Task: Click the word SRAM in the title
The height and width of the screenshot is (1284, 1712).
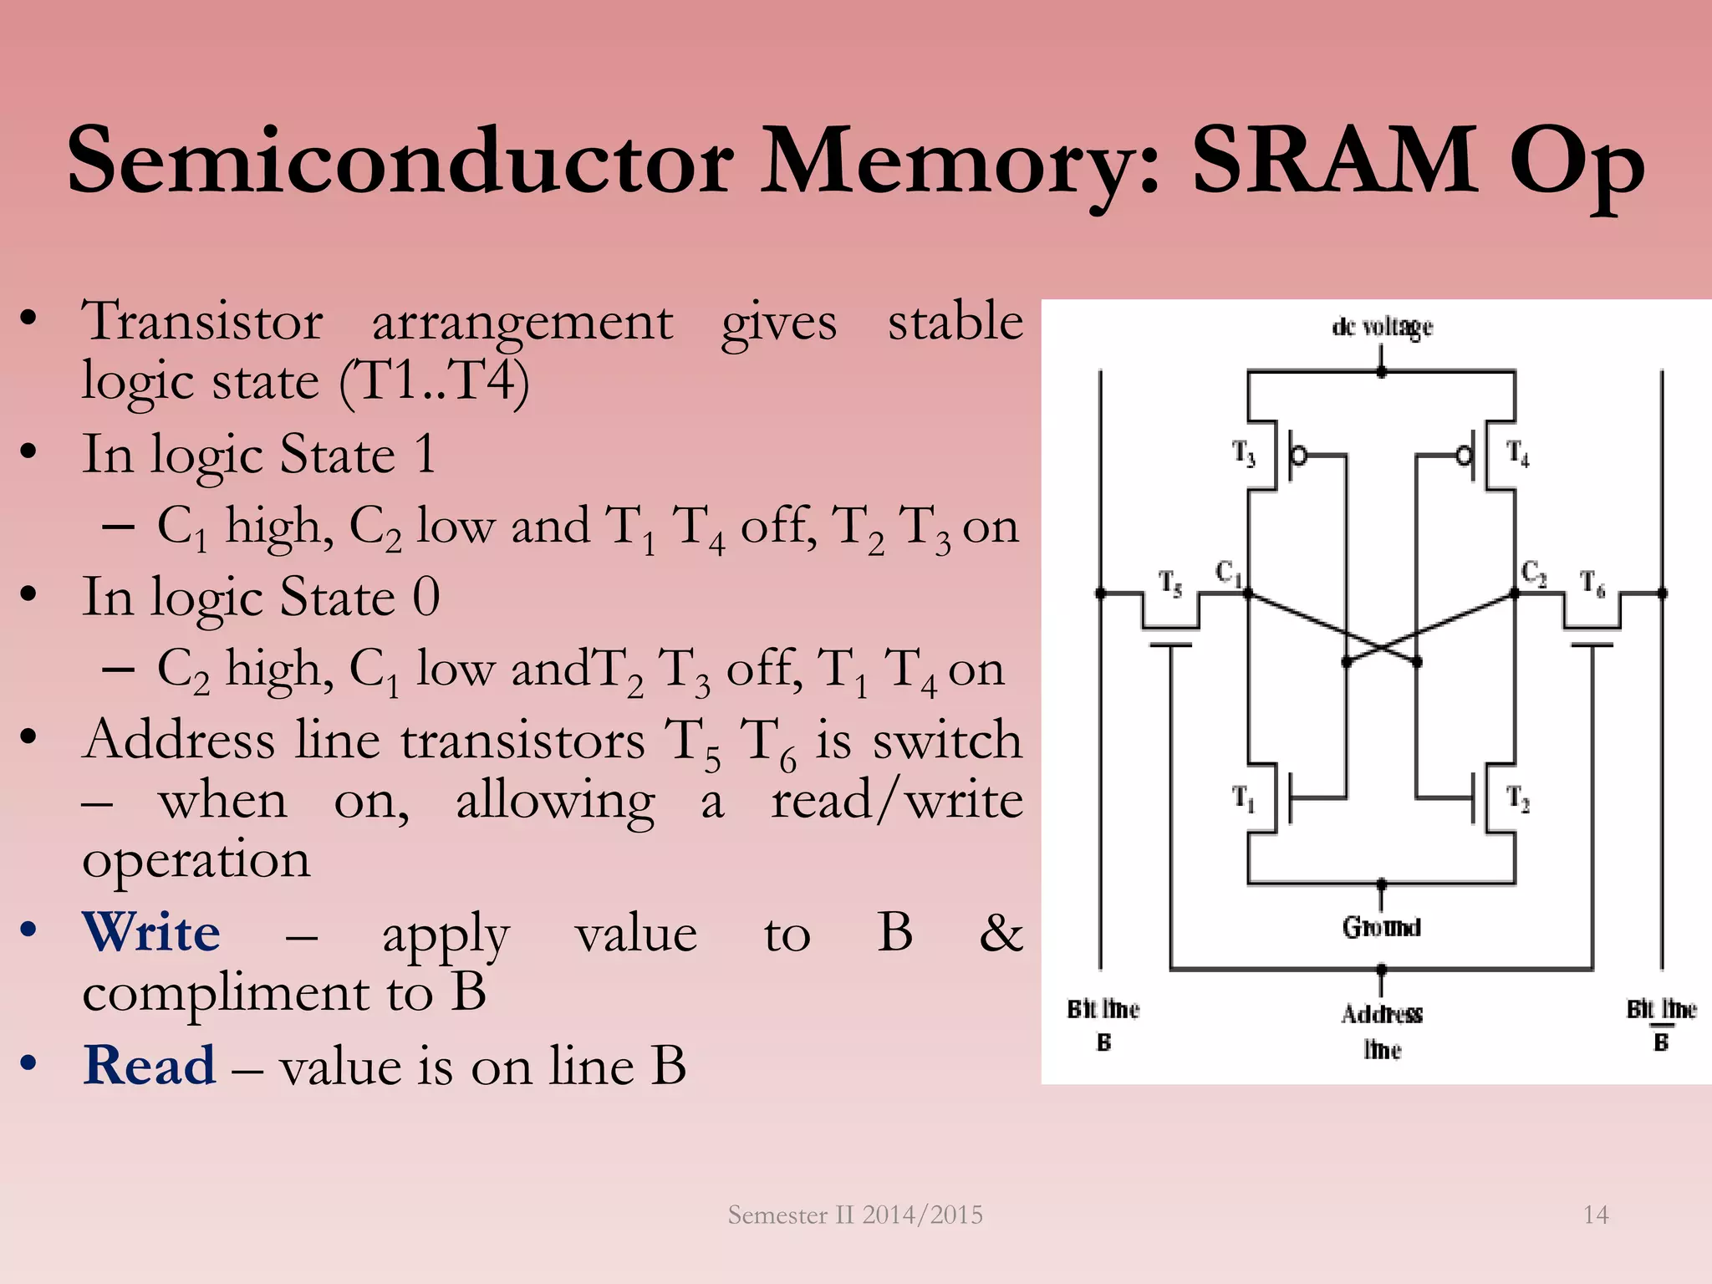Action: (x=1334, y=159)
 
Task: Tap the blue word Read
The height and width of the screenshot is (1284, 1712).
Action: (x=150, y=1066)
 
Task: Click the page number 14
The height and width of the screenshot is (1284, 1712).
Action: (x=1595, y=1215)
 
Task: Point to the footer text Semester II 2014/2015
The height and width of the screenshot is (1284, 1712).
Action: (x=855, y=1215)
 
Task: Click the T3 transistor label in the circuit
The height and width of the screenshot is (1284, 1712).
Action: (x=1244, y=454)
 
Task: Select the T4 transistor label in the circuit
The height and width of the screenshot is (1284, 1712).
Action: (x=1518, y=454)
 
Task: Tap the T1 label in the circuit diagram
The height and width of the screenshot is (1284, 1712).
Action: (x=1244, y=798)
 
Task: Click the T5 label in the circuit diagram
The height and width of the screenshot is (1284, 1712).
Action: (x=1170, y=583)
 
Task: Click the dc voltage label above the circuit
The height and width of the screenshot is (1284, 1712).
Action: (x=1382, y=327)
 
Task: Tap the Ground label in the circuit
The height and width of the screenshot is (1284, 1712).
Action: (x=1382, y=927)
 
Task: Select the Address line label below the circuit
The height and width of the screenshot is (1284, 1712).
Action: (x=1382, y=1032)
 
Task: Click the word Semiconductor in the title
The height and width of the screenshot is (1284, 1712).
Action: (x=400, y=159)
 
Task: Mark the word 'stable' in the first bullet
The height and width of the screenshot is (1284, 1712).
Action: (x=955, y=322)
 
